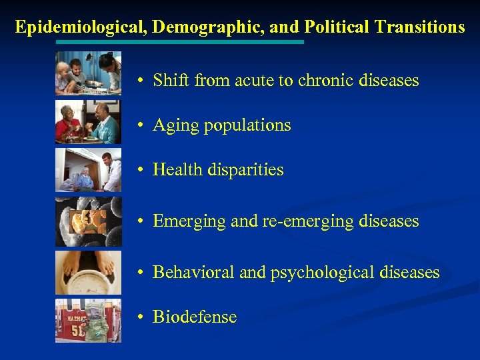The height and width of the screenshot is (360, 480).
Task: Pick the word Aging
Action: [x=175, y=125]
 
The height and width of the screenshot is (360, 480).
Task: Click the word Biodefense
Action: [x=195, y=317]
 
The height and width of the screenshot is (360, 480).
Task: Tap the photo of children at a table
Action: [x=88, y=73]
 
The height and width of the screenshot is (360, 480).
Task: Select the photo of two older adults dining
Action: [x=88, y=122]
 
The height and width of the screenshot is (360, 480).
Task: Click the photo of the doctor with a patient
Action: [x=88, y=171]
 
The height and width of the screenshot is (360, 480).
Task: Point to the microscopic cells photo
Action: [x=88, y=221]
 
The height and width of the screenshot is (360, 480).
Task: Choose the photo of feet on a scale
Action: [x=88, y=272]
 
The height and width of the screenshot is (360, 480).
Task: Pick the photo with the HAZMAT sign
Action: [x=88, y=321]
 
